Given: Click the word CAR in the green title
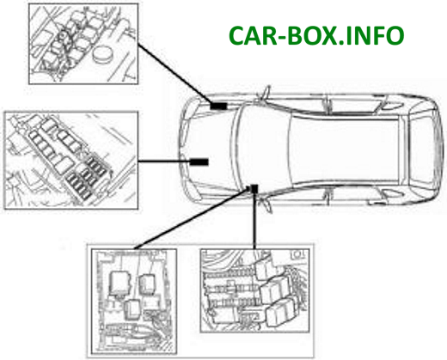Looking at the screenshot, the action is [253, 35].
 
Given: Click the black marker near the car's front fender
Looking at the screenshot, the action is [218, 106].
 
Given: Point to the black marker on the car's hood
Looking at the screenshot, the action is [199, 162].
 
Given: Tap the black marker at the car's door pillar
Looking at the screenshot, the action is [254, 189].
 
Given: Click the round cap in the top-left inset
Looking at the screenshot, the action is [102, 54].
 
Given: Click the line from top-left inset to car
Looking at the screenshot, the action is [175, 73].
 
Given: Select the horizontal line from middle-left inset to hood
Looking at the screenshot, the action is [164, 162].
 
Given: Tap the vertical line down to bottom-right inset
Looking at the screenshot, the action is [254, 221].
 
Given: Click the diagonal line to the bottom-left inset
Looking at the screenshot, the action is [192, 218].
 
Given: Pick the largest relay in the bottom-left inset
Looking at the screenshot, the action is [120, 283].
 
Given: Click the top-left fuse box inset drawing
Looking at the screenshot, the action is [83, 44].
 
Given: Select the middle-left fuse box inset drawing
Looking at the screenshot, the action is [70, 161].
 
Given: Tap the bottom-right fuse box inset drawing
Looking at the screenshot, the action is [254, 290].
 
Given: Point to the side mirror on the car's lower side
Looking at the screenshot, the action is [265, 204].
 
